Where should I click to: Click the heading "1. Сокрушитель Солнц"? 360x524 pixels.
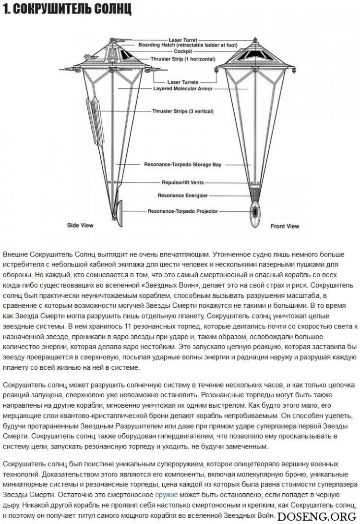tap(67, 10)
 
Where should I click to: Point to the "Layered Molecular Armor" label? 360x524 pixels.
tap(182, 89)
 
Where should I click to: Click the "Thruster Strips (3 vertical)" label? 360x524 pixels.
tap(183, 111)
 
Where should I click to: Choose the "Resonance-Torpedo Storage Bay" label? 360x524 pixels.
tap(183, 165)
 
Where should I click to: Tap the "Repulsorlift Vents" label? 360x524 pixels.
tap(182, 183)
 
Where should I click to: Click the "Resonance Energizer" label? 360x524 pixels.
tap(182, 195)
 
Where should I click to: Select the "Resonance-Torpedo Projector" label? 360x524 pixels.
tap(183, 211)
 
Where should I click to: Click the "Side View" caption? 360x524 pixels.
tap(80, 225)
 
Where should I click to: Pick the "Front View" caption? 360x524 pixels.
tap(285, 226)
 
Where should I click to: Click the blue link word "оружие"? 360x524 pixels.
tap(166, 494)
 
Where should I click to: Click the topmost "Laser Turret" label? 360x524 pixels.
tap(182, 40)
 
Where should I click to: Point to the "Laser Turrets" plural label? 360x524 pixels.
tap(183, 82)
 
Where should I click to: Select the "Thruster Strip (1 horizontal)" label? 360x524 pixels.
tap(183, 59)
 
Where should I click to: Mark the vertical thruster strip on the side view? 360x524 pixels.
tap(92, 116)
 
